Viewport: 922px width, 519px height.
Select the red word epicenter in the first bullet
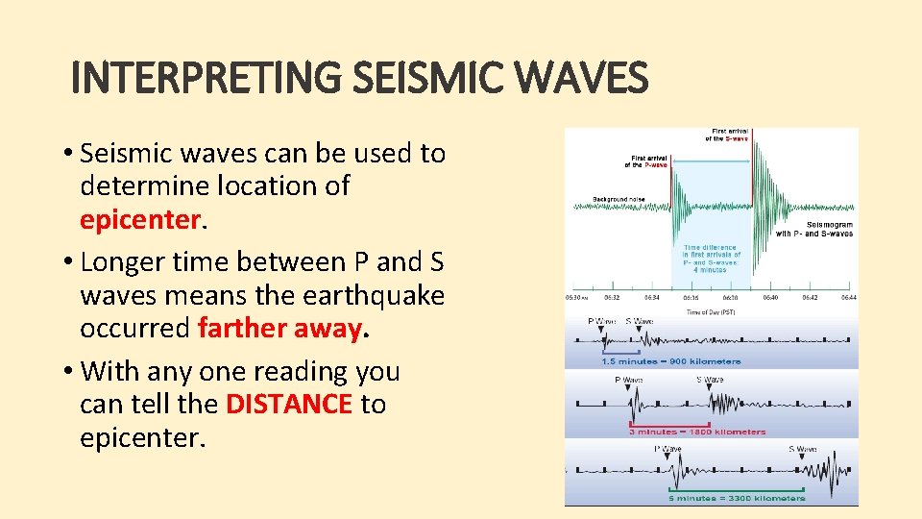[x=141, y=219]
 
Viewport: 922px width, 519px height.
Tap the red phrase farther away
[x=279, y=329]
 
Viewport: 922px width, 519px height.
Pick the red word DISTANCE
[x=289, y=405]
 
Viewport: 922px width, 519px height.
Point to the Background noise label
[x=619, y=200]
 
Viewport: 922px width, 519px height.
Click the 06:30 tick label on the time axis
[x=578, y=298]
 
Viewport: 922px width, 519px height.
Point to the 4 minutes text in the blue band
[x=712, y=269]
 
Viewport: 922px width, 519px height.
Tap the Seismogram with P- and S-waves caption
[x=814, y=229]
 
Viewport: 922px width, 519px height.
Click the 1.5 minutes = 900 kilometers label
[x=670, y=361]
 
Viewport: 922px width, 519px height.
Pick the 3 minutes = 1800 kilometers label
[x=697, y=432]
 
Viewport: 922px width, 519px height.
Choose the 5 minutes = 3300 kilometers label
[x=737, y=499]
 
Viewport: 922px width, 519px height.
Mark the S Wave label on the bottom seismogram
[x=803, y=449]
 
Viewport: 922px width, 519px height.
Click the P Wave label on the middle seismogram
[x=630, y=380]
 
